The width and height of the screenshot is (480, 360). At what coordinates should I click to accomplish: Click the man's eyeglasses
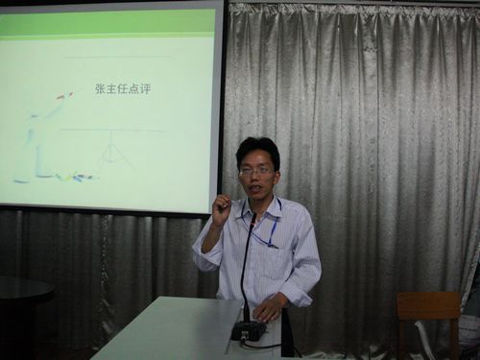pyautogui.click(x=256, y=170)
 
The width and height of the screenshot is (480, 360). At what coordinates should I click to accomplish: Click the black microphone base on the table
pyautogui.click(x=249, y=330)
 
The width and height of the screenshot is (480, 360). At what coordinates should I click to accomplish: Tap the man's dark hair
pyautogui.click(x=257, y=148)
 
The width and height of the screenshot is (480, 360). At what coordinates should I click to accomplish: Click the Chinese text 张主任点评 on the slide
pyautogui.click(x=123, y=88)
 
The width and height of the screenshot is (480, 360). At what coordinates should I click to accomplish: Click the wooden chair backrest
pyautogui.click(x=428, y=305)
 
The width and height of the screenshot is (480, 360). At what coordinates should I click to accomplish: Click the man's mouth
pyautogui.click(x=256, y=188)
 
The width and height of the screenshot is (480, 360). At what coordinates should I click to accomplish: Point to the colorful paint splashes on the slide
pyautogui.click(x=75, y=177)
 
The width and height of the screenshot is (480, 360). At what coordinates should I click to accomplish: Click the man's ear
pyautogui.click(x=276, y=173)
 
